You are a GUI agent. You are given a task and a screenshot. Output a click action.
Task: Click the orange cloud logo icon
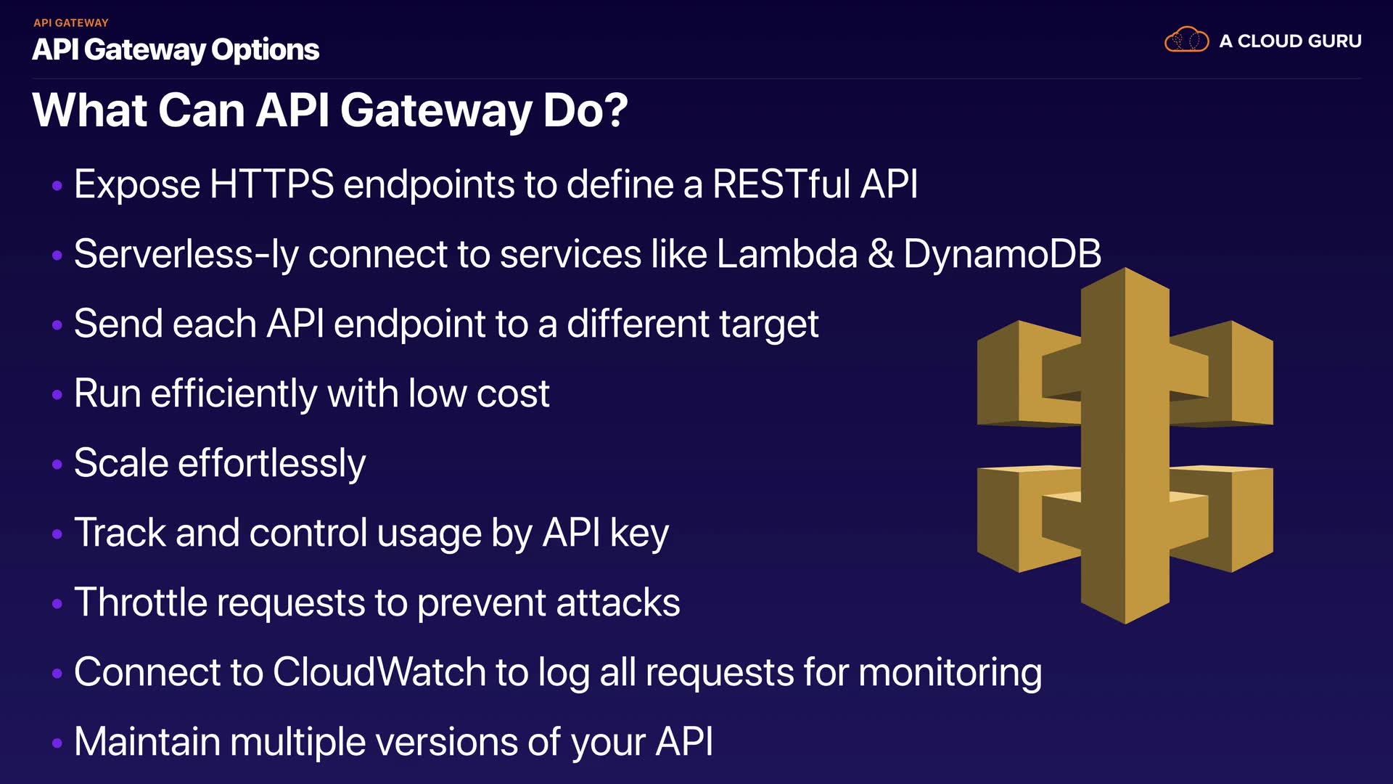pos(1186,40)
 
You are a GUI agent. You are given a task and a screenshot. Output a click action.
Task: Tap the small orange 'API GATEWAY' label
pos(70,23)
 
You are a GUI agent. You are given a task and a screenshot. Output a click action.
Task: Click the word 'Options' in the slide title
pos(265,49)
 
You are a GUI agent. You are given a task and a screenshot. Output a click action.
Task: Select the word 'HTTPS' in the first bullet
pos(271,184)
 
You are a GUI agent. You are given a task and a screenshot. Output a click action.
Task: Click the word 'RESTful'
pos(781,184)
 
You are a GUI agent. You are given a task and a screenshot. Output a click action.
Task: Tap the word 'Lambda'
pos(786,254)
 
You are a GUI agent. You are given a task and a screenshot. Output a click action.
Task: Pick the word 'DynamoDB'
pos(1002,254)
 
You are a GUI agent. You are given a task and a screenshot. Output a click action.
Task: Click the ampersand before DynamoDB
pos(881,254)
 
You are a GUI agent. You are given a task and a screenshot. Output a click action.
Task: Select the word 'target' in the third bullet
pos(769,324)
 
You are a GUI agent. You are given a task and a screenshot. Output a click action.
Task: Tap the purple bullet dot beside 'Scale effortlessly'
pos(57,464)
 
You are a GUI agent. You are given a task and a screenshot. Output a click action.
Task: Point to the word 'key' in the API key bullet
pos(639,534)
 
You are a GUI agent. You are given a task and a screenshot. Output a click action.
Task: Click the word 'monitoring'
pos(950,673)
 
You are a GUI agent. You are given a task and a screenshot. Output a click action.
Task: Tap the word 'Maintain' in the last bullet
pos(147,742)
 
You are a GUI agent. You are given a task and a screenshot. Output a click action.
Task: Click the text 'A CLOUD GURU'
pos(1290,41)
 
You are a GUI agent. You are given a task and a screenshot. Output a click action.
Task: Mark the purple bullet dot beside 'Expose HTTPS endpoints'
pos(57,186)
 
